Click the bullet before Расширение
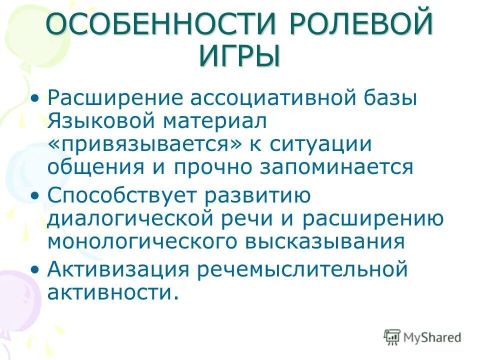[x=34, y=98]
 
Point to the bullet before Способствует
[x=34, y=196]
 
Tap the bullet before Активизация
[x=34, y=270]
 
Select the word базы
[x=384, y=98]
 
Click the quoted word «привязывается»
[x=145, y=144]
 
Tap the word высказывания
[x=324, y=242]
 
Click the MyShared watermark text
[x=432, y=337]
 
